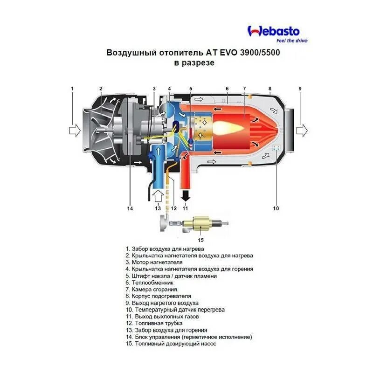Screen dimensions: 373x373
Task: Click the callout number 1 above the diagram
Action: point(72,88)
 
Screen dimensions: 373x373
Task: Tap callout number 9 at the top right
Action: point(300,88)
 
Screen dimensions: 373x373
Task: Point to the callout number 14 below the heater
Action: point(130,208)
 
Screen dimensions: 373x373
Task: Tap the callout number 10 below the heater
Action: point(276,208)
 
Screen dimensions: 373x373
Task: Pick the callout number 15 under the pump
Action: point(201,240)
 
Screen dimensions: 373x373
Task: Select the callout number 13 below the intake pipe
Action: point(158,208)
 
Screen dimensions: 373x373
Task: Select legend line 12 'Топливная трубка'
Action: point(157,323)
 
